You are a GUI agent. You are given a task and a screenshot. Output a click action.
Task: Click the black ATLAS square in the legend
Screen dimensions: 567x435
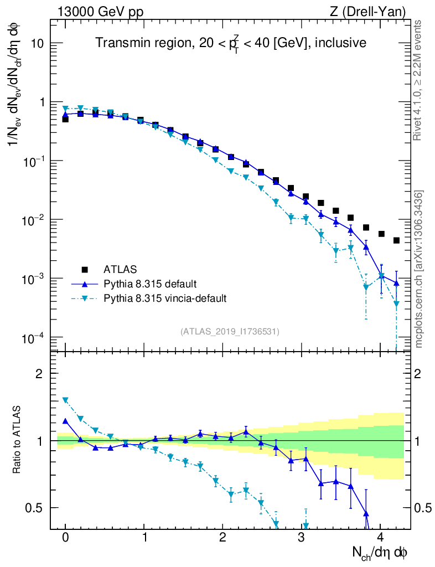[x=85, y=270]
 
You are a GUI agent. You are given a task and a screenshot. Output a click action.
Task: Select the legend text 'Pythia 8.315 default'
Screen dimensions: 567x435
[x=150, y=284]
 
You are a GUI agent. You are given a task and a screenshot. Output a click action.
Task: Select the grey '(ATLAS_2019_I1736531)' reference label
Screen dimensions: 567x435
[x=230, y=332]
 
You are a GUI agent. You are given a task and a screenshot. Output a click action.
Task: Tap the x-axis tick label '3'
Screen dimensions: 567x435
[x=302, y=538]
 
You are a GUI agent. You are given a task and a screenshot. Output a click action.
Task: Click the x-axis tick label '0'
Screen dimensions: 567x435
[x=65, y=538]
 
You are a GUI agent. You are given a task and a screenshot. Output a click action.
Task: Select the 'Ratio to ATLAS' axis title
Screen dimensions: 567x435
[x=17, y=440]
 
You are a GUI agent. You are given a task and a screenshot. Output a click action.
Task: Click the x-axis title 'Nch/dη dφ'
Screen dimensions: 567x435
[x=380, y=552]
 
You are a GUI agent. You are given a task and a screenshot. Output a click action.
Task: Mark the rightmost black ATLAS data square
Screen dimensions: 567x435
[x=396, y=240]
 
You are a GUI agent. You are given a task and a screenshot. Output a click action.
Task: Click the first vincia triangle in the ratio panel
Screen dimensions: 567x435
[x=65, y=400]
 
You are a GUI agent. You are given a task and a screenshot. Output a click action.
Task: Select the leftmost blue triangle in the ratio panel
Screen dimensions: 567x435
[x=65, y=421]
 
